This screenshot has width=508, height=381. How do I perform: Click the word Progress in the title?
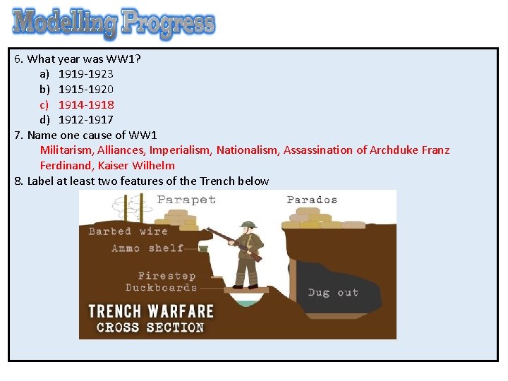coord(167,23)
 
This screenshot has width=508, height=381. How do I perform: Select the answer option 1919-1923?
coord(85,73)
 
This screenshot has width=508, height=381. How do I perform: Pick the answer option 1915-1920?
coord(85,89)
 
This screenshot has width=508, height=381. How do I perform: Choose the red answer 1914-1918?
coord(85,104)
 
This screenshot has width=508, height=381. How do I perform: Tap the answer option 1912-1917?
coord(85,120)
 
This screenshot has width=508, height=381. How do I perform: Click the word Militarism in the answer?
coord(67,150)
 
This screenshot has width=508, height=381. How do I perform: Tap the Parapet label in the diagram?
coord(186,200)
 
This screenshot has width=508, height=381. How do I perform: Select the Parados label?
coord(312,200)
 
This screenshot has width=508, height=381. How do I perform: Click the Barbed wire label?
coord(128,231)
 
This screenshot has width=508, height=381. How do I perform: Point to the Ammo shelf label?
coord(147,248)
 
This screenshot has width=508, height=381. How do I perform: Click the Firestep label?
coord(167,276)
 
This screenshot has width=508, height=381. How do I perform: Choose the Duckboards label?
coord(161,287)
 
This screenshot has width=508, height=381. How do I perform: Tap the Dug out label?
coord(333,292)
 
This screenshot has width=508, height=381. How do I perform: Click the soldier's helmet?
coord(248,225)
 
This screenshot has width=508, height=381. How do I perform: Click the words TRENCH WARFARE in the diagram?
coord(150,311)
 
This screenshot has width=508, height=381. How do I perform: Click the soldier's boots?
coord(245,285)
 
